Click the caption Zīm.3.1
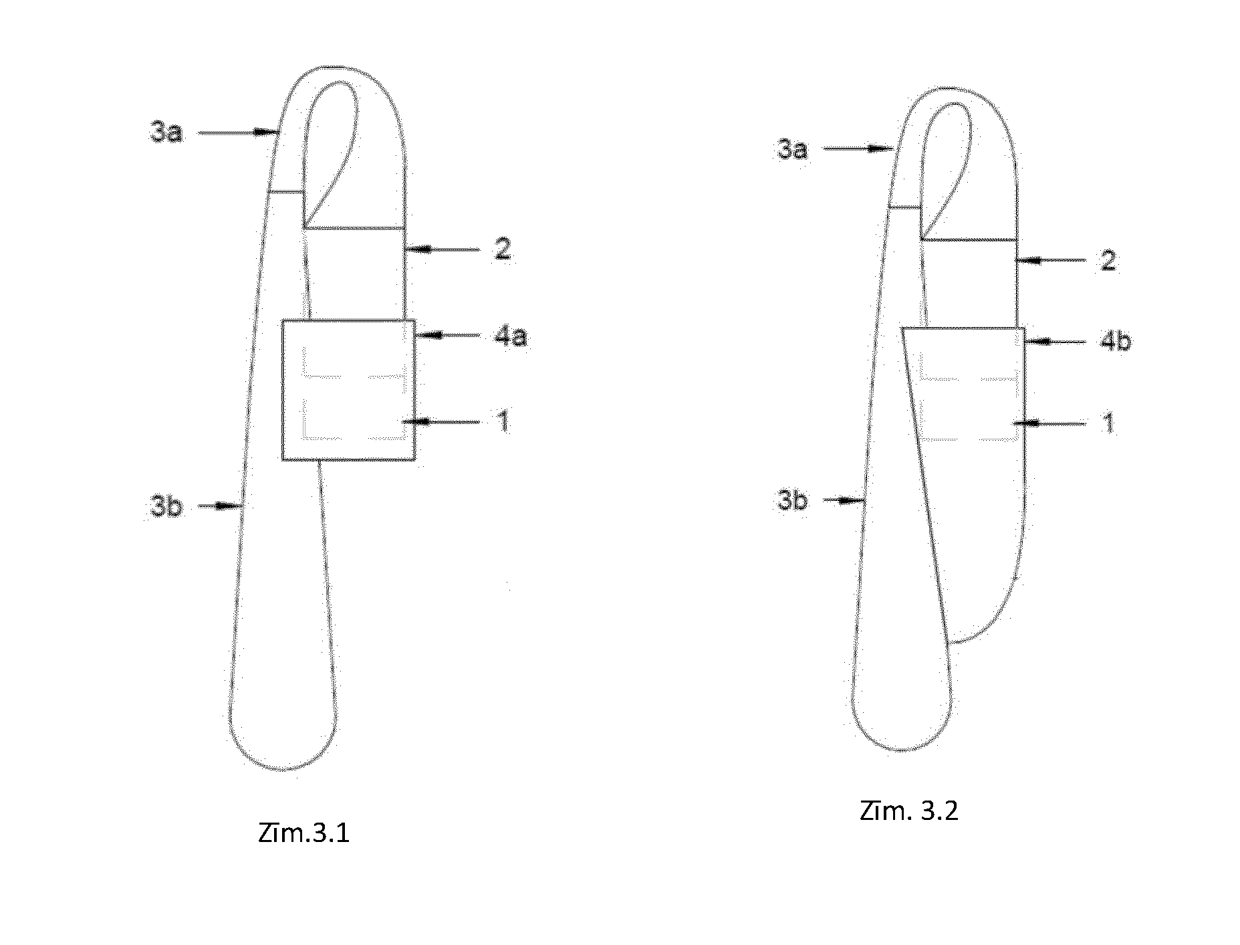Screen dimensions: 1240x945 point(303,834)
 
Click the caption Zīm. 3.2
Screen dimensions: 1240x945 point(909,811)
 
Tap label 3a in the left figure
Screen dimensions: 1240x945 point(166,133)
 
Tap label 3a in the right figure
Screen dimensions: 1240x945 point(792,148)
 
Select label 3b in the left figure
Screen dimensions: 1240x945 point(166,507)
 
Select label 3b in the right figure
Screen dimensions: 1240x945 point(792,500)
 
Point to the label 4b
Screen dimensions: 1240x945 point(1115,342)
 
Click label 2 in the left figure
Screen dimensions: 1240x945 point(503,249)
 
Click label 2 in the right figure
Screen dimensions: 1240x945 point(1108,260)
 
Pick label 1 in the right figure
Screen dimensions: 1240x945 point(1108,423)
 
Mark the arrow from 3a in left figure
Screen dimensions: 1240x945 point(238,133)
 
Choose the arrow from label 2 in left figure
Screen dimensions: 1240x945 point(442,249)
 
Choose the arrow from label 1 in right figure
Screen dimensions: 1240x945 point(1049,423)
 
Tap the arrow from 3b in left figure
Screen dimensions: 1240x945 point(221,506)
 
